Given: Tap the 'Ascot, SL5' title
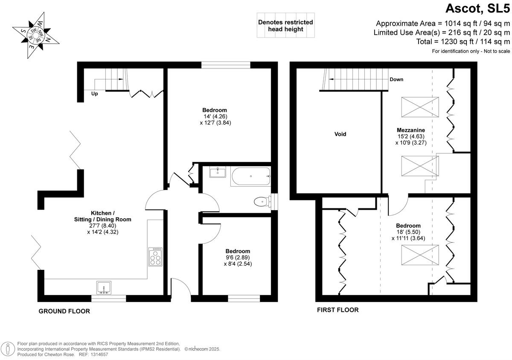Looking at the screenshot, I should pyautogui.click(x=477, y=9).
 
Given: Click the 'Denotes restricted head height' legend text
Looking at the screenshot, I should pyautogui.click(x=285, y=26).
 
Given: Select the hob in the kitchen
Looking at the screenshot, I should pyautogui.click(x=155, y=257).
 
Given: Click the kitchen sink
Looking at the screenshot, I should pyautogui.click(x=104, y=288).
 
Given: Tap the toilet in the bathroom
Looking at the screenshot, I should pyautogui.click(x=260, y=201).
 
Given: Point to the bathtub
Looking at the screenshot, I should pyautogui.click(x=250, y=176).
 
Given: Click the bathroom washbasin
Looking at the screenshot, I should pyautogui.click(x=218, y=172).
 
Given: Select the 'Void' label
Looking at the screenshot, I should pyautogui.click(x=340, y=134).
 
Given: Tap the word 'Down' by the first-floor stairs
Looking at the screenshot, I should pyautogui.click(x=396, y=79).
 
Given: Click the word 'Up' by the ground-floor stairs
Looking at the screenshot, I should pyautogui.click(x=94, y=94).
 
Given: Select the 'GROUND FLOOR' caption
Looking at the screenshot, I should pyautogui.click(x=64, y=311).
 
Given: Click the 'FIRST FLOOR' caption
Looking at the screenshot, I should pyautogui.click(x=337, y=310).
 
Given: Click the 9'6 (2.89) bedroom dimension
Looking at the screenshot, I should pyautogui.click(x=238, y=258).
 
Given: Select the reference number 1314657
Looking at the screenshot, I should pyautogui.click(x=99, y=355).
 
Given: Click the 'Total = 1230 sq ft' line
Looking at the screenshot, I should pyautogui.click(x=463, y=42).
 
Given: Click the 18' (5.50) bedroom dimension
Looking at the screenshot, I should pyautogui.click(x=408, y=232).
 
